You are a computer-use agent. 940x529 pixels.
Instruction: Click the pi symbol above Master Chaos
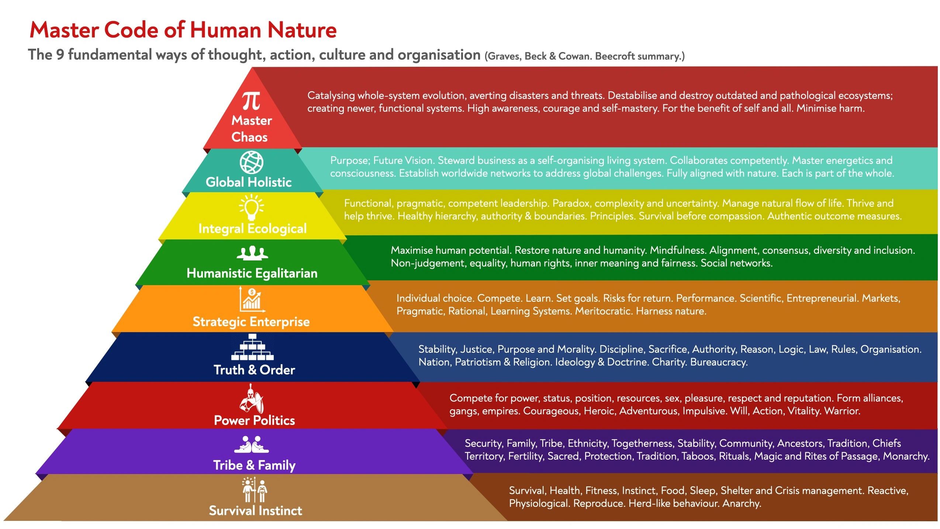[x=251, y=101]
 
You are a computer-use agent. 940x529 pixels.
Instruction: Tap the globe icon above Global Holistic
[x=252, y=162]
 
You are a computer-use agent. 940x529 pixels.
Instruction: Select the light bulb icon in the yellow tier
[x=252, y=207]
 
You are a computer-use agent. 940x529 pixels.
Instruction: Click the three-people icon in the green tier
[x=252, y=253]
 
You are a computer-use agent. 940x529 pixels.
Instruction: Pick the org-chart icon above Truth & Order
[x=252, y=347]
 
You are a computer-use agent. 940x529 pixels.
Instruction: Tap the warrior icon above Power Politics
[x=252, y=399]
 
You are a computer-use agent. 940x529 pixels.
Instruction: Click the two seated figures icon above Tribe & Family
[x=252, y=445]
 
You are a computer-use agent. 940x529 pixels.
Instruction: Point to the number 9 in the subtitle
[x=60, y=55]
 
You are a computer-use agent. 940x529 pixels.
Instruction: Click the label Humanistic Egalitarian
[x=252, y=273]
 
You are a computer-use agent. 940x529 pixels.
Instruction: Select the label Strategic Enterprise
[x=251, y=322]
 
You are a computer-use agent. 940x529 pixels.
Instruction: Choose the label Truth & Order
[x=255, y=370]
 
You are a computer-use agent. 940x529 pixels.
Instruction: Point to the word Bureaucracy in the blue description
[x=719, y=362]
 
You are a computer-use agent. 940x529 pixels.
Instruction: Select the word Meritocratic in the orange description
[x=604, y=311]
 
